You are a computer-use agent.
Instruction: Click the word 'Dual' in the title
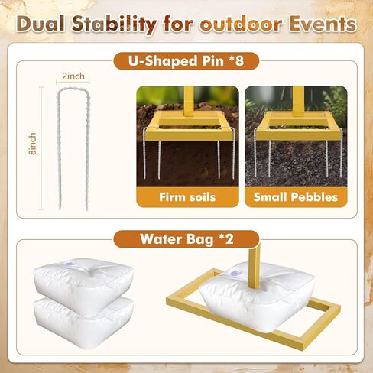tap(41, 24)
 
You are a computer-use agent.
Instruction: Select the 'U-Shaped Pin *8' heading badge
tap(186, 61)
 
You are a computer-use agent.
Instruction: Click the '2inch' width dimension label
tap(73, 76)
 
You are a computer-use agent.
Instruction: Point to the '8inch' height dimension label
tap(33, 144)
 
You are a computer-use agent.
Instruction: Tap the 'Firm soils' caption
tap(187, 197)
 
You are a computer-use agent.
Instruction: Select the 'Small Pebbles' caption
tap(296, 197)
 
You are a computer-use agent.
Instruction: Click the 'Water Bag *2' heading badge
tap(186, 239)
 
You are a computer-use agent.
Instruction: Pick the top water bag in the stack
tap(83, 284)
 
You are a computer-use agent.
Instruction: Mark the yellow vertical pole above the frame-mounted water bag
tap(255, 265)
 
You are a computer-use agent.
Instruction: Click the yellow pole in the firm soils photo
tap(189, 101)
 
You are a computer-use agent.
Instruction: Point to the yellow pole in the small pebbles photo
tap(298, 101)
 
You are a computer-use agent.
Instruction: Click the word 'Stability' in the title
tap(114, 24)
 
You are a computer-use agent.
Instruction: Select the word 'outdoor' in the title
tap(241, 24)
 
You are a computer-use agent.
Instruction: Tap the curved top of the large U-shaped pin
tap(73, 89)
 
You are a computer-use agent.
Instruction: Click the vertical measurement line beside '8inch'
tap(41, 148)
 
